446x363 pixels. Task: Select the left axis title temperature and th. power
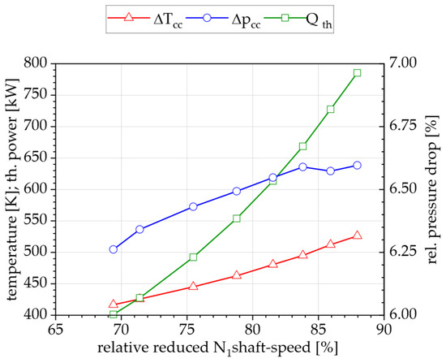(x=11, y=188)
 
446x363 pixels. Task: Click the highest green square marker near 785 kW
(x=357, y=73)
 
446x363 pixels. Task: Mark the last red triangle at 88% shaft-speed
(x=357, y=236)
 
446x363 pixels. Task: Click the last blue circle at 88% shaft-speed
(x=357, y=165)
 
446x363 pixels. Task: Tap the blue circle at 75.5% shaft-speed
(x=193, y=206)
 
